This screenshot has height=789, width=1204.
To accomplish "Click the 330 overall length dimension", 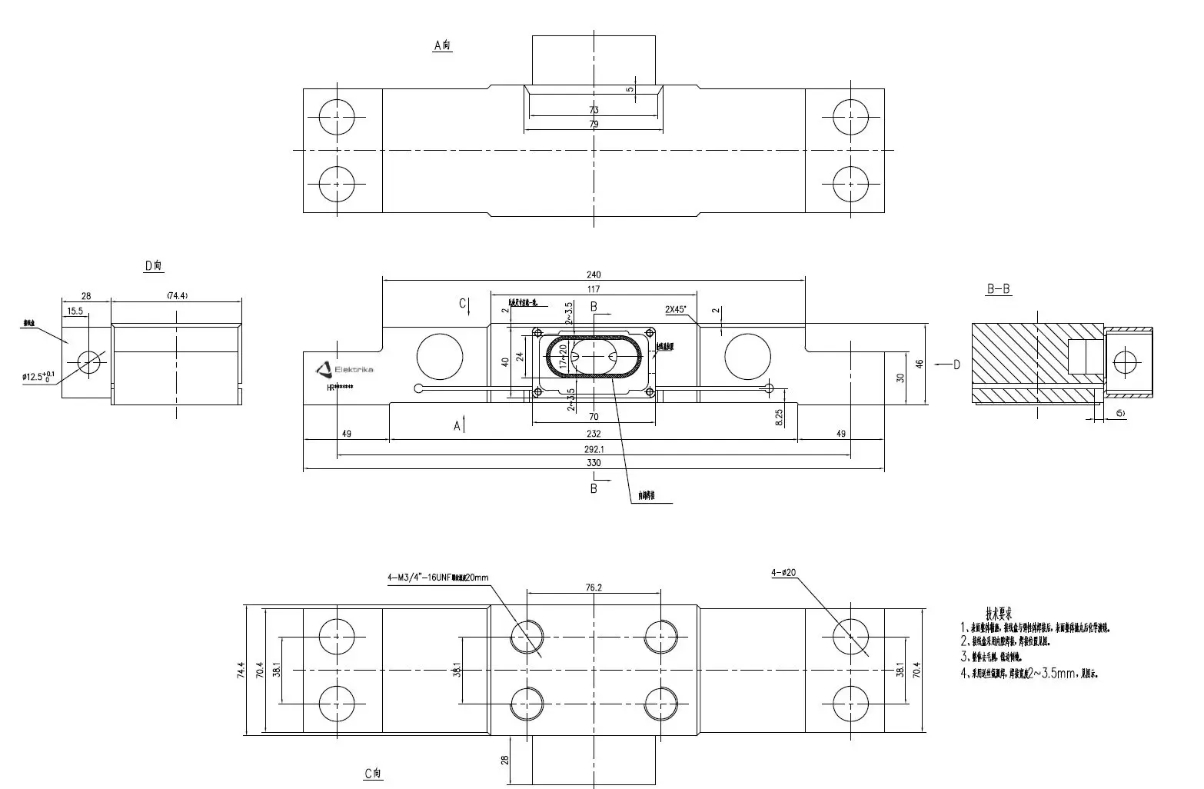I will pyautogui.click(x=594, y=463).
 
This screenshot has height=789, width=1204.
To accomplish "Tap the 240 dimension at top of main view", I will pyautogui.click(x=594, y=275).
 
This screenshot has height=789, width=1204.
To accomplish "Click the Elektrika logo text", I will pyautogui.click(x=354, y=371).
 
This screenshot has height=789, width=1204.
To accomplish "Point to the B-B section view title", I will pyautogui.click(x=998, y=289).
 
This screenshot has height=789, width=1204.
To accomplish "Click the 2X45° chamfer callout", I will pyautogui.click(x=676, y=309).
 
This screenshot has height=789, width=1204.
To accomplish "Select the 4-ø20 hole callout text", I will pyautogui.click(x=783, y=573).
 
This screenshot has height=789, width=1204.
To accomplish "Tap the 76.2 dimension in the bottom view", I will pyautogui.click(x=594, y=587).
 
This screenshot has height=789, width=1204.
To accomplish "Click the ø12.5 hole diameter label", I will pyautogui.click(x=38, y=377).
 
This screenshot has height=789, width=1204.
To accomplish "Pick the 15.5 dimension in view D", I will pyautogui.click(x=75, y=311).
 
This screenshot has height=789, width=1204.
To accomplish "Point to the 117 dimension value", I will pyautogui.click(x=594, y=289).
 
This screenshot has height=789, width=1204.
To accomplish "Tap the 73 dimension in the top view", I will pyautogui.click(x=594, y=110).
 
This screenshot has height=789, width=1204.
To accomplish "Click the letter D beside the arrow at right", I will pyautogui.click(x=956, y=365).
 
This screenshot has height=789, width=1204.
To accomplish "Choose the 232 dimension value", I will pyautogui.click(x=594, y=434).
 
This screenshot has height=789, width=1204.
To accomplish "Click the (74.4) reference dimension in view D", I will pyautogui.click(x=177, y=295).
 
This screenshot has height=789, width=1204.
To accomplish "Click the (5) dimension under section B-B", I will pyautogui.click(x=1120, y=413).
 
